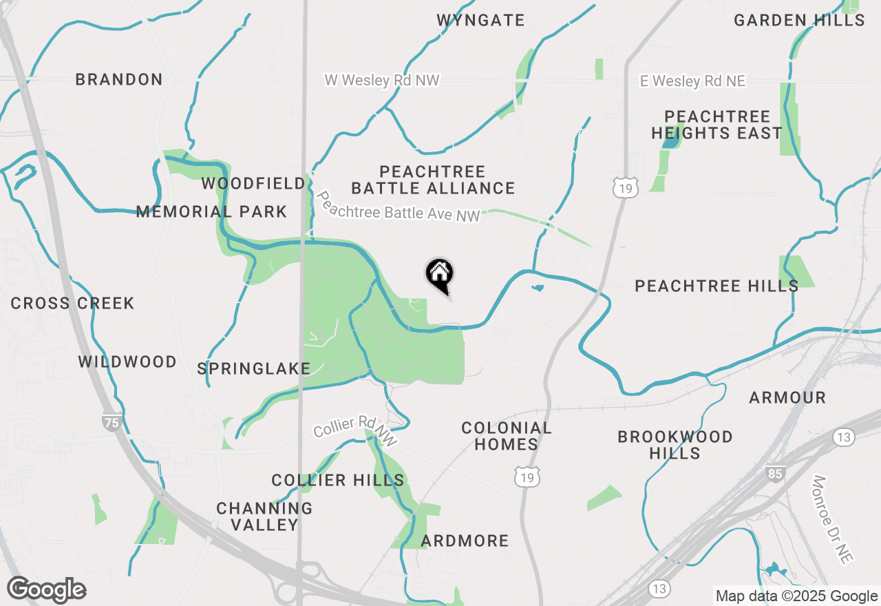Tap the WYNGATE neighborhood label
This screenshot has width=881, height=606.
[x=480, y=20]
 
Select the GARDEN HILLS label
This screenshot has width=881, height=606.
[x=798, y=20]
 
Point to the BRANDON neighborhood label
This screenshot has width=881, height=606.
[x=119, y=79]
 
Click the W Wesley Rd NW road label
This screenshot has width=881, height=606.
[x=382, y=81]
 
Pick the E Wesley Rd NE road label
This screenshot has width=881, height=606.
[x=692, y=81]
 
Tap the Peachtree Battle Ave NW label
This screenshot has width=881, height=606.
[x=398, y=207]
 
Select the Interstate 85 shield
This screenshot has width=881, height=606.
[x=775, y=473]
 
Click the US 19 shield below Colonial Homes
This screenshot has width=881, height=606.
[x=527, y=477]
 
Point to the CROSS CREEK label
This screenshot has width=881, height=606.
[x=72, y=303]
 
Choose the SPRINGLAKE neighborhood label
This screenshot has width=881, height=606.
[x=254, y=368]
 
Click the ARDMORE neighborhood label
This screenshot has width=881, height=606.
[x=465, y=541]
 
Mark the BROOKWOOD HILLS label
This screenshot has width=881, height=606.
[x=675, y=445]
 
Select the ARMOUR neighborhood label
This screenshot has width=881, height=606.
[x=787, y=397]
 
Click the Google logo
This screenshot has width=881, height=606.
[x=47, y=589]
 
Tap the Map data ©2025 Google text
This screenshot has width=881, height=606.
[x=796, y=596]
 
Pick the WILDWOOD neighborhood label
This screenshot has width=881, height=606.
[x=127, y=362]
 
